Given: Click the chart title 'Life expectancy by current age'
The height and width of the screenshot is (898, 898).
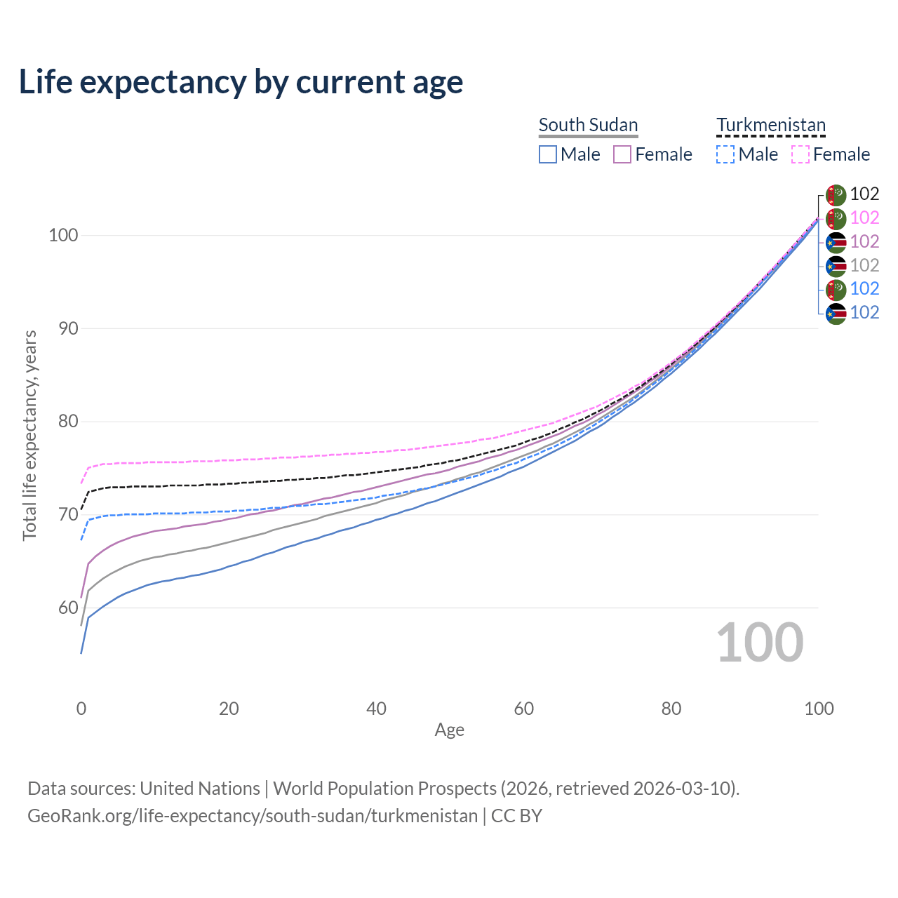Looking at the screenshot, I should pyautogui.click(x=241, y=82).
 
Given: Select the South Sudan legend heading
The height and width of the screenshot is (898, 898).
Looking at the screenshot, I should pyautogui.click(x=588, y=125).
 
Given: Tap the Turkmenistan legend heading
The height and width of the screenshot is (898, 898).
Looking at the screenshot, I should pyautogui.click(x=770, y=125).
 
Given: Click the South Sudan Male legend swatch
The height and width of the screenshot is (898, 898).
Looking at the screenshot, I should pyautogui.click(x=548, y=154).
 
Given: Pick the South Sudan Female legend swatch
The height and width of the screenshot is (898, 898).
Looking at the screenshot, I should pyautogui.click(x=622, y=154).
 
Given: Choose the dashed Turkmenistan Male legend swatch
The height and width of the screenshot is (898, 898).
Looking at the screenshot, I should pyautogui.click(x=725, y=154).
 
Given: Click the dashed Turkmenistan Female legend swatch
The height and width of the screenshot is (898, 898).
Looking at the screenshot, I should pyautogui.click(x=800, y=154).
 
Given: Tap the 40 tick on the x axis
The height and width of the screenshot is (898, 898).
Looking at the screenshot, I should pyautogui.click(x=376, y=709).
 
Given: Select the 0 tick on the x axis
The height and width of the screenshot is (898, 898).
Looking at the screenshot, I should pyautogui.click(x=81, y=709).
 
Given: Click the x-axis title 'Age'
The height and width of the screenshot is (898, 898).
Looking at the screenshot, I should pyautogui.click(x=449, y=730).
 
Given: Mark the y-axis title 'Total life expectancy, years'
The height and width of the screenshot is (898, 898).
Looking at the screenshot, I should pyautogui.click(x=29, y=435).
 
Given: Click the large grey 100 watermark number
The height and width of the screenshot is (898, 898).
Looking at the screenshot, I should pyautogui.click(x=760, y=643).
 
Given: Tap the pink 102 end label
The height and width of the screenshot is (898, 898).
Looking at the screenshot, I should pyautogui.click(x=864, y=218).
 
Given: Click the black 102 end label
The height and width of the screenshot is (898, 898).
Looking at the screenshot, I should pyautogui.click(x=864, y=194).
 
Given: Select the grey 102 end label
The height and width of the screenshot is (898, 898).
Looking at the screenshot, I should pyautogui.click(x=864, y=265).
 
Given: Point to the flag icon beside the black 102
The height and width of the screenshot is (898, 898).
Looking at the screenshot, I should pyautogui.click(x=836, y=194).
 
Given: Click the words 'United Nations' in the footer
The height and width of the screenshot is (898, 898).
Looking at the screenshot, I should pyautogui.click(x=200, y=789).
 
